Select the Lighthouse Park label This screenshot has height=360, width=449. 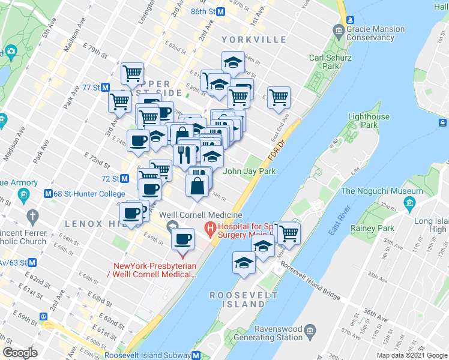point(369,121)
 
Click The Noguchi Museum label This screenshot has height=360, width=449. point(382,191)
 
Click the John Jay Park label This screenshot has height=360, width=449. point(249,171)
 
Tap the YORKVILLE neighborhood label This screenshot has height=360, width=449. point(254,40)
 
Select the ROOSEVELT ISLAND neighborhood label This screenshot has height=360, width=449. point(244,300)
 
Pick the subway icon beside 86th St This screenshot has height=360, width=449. point(221,11)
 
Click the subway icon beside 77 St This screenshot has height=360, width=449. point(106,87)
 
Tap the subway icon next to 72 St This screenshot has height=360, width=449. point(125,179)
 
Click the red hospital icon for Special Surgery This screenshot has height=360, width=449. point(210,228)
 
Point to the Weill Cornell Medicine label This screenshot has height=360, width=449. point(200,215)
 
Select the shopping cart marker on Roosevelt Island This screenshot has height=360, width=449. point(289,232)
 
